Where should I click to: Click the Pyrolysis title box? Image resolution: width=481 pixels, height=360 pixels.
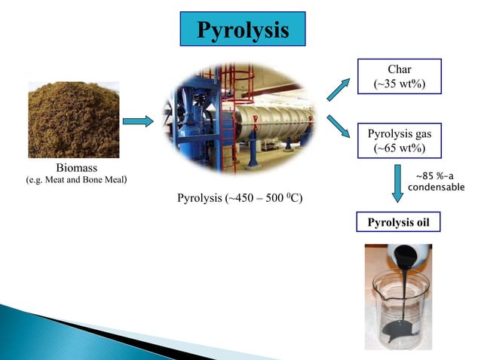click(x=243, y=29)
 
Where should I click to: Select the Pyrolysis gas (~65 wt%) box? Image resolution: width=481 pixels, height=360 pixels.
click(x=399, y=141)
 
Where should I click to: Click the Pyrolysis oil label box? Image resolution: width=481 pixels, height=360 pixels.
click(x=397, y=224)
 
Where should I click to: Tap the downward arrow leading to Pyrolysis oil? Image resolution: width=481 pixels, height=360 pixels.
click(x=397, y=183)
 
